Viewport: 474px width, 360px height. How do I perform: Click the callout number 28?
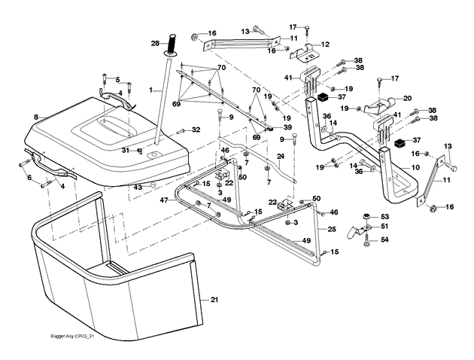(x=155, y=44)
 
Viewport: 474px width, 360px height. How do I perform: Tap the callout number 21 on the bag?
(x=214, y=301)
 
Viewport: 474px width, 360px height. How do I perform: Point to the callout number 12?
(x=326, y=44)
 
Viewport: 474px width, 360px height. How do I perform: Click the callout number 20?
(x=408, y=98)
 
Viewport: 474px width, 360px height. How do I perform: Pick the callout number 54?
(x=385, y=239)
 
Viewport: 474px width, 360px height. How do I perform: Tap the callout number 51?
(x=385, y=226)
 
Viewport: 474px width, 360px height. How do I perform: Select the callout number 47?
(x=163, y=200)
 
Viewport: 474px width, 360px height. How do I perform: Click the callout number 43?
(x=137, y=187)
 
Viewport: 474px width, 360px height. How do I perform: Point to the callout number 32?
(x=196, y=130)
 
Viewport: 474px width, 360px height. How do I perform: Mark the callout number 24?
(x=279, y=157)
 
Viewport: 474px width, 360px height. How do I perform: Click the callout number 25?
(x=332, y=227)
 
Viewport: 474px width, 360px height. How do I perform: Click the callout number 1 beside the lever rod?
(x=150, y=90)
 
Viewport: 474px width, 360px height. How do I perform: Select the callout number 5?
(x=117, y=79)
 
